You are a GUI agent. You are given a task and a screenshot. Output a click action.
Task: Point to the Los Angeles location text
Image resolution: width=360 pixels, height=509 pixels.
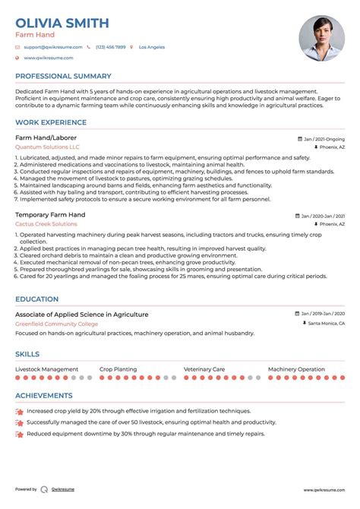coord(151,47)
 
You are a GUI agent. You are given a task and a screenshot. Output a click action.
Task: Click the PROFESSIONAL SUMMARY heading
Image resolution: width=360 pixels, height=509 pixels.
coord(63,76)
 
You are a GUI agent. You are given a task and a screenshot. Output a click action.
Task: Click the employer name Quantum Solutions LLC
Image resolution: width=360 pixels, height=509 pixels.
coord(47,147)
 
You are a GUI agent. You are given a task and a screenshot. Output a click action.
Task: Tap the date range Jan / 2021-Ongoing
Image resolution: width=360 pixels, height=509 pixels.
coord(323,140)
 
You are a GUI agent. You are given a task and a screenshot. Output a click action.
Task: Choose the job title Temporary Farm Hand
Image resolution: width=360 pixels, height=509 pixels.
coord(50,215)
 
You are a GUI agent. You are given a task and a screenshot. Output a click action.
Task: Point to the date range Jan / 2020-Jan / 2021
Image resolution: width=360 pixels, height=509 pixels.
coord(323,217)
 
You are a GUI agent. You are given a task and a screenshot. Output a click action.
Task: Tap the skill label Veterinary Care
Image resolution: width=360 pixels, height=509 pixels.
coord(204,369)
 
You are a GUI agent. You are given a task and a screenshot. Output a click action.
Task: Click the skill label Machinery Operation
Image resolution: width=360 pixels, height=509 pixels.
coord(296,369)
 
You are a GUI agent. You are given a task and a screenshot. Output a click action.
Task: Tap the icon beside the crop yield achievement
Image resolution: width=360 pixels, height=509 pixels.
coord(18,410)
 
